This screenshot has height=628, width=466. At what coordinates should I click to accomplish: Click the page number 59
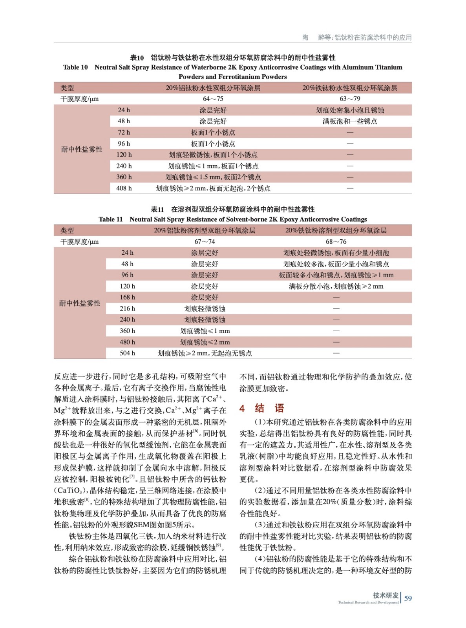(408, 598)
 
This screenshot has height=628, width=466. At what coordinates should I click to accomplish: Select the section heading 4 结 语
(261, 408)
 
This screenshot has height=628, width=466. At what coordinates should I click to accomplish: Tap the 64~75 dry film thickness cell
(213, 99)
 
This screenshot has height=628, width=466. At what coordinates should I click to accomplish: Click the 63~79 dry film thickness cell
(350, 99)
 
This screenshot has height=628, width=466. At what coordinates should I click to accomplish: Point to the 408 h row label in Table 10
(124, 188)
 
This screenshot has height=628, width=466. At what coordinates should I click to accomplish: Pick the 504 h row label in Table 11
(127, 353)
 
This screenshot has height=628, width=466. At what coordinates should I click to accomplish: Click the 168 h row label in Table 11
(127, 298)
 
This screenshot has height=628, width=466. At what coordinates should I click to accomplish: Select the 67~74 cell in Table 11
(205, 242)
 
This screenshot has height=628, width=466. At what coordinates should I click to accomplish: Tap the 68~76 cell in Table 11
(336, 242)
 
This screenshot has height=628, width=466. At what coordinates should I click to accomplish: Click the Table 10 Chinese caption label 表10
(137, 58)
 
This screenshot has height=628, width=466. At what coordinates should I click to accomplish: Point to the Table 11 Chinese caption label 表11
(157, 210)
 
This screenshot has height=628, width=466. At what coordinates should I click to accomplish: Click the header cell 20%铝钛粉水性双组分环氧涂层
(213, 88)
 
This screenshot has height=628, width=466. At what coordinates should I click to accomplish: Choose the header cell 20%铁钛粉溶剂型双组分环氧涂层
(336, 231)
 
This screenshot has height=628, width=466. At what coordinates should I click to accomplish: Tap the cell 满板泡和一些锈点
(350, 121)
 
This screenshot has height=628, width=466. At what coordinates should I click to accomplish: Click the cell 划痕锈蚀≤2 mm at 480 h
(205, 342)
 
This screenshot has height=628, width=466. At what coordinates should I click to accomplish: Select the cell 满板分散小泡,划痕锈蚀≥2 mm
(336, 287)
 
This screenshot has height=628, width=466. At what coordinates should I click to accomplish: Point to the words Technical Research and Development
(368, 602)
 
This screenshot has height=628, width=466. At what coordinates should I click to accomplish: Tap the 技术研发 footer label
(386, 595)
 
